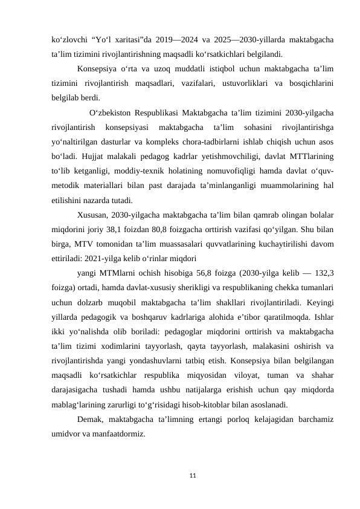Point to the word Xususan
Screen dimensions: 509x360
click(x=93, y=215)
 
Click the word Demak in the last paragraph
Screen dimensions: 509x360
click(x=91, y=419)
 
